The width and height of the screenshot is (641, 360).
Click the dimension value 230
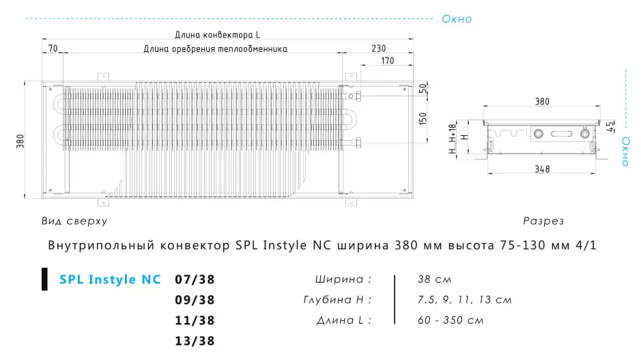point(379,49)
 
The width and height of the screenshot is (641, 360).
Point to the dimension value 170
point(388,61)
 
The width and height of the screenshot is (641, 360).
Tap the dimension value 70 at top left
point(53,49)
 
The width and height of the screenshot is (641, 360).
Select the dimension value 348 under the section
point(542,169)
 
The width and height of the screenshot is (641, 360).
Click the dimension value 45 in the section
point(610,127)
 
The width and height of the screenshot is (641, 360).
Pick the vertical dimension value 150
point(423,119)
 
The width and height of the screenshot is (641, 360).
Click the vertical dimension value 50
point(423,88)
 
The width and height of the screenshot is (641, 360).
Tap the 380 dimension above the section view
point(542,102)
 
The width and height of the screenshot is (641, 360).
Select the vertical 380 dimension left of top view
point(20,141)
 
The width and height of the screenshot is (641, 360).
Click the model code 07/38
point(195,279)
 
